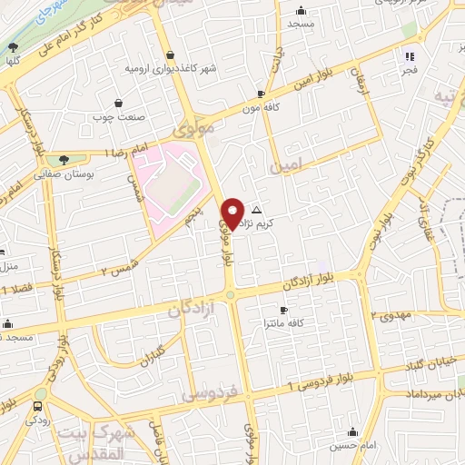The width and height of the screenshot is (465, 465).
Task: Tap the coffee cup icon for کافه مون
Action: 261,94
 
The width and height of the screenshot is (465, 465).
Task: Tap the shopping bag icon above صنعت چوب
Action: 120,103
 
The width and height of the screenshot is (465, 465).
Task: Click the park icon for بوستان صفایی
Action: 61,159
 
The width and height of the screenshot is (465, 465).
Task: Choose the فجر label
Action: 410,69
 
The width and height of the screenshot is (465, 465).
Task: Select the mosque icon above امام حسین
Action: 352,431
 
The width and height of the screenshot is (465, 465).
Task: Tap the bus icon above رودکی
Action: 37,406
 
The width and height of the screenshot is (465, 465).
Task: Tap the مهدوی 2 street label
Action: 391,314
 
